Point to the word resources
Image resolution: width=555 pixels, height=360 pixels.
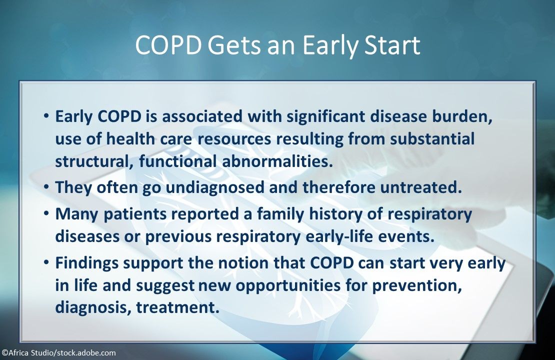[234, 139]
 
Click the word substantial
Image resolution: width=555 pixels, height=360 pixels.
[432, 138]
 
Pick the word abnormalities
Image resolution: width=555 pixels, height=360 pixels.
[277, 161]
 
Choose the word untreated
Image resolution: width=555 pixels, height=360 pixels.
[421, 187]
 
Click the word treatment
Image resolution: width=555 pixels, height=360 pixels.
[178, 307]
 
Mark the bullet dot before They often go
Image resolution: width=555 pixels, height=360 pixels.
[46, 186]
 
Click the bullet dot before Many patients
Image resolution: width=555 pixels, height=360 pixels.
[46, 213]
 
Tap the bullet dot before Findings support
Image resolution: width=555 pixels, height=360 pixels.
[46, 262]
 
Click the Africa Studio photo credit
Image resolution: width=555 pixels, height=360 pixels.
[59, 353]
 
